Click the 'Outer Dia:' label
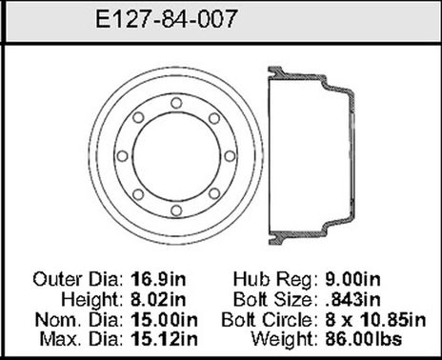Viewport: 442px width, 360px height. pos(79,281)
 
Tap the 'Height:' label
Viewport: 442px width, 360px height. pos(93,298)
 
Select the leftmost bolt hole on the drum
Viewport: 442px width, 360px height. pos(122,156)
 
